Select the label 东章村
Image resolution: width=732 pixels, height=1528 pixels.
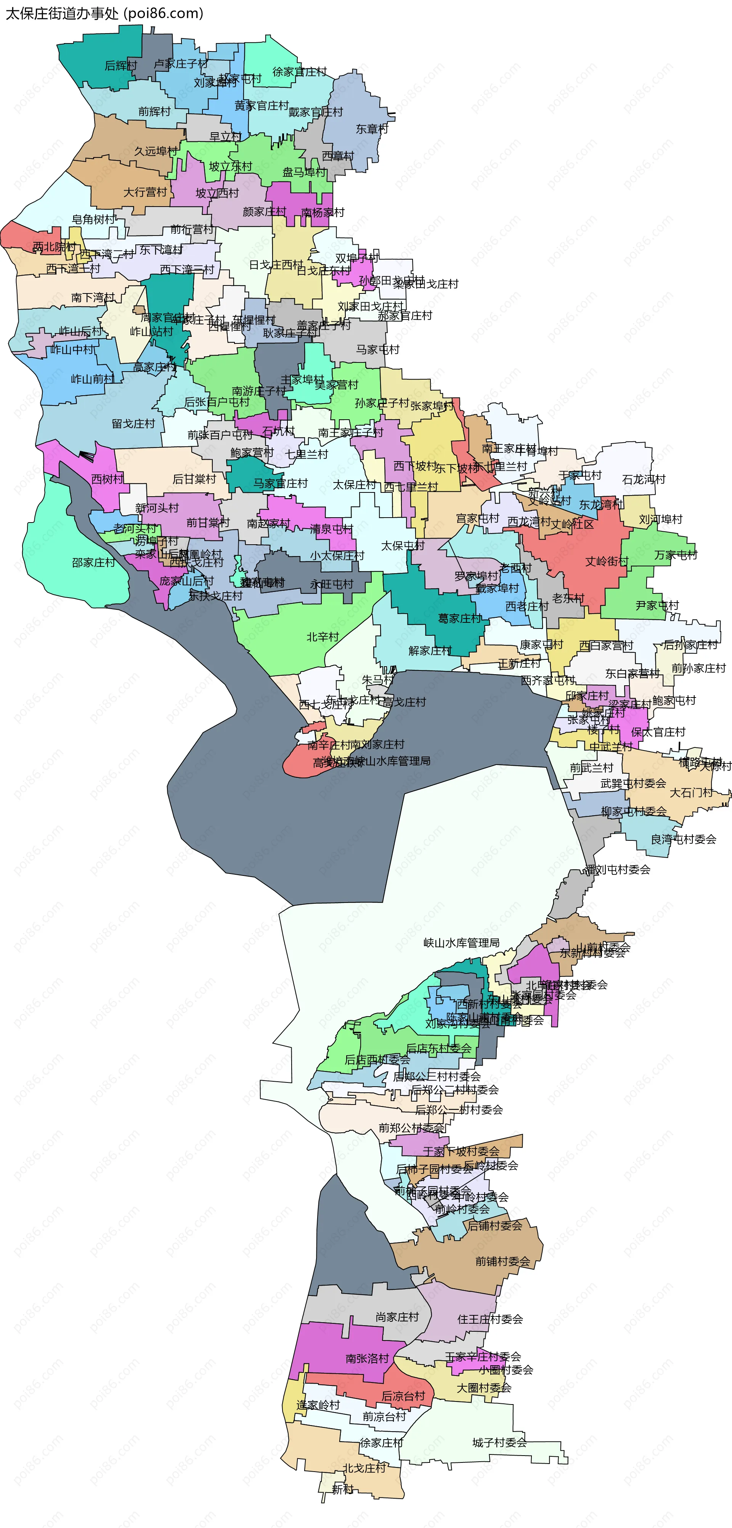point(371,129)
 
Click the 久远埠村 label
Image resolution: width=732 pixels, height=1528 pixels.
point(156,151)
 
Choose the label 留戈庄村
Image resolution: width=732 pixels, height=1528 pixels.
point(133,423)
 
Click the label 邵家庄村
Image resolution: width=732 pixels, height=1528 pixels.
point(93,562)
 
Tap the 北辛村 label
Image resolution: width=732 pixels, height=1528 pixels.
point(322,637)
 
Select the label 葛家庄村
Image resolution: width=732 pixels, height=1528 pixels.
point(460,619)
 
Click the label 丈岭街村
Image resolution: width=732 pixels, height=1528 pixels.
point(606,561)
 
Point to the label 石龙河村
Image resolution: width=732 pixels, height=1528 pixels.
point(644,479)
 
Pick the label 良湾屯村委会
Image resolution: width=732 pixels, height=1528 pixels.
point(683,839)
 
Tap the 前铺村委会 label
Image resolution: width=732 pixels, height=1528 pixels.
point(502,1262)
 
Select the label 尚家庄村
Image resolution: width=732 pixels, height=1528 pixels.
point(397,1317)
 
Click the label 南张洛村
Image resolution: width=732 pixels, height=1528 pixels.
point(367,1358)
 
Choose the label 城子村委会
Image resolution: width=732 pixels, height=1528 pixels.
point(499,1443)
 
